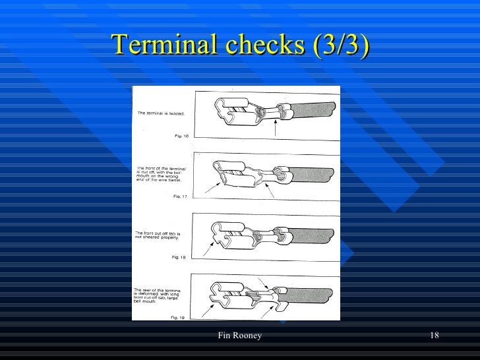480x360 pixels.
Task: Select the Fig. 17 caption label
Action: click(x=179, y=196)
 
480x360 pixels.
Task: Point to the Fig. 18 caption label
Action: click(x=178, y=256)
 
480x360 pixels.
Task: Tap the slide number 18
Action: click(x=434, y=337)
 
